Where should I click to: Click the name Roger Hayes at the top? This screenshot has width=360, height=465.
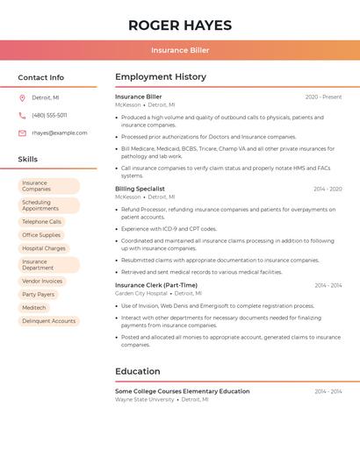(180, 25)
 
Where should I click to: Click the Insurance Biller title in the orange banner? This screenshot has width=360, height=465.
(180, 50)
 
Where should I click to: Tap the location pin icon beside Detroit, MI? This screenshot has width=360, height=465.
(22, 98)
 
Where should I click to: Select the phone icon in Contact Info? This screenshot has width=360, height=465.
(22, 116)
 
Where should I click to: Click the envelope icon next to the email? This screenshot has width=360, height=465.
(22, 133)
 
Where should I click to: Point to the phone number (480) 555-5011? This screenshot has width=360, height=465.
(49, 116)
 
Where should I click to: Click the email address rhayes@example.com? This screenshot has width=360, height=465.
(60, 133)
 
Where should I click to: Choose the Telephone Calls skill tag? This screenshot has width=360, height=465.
(41, 222)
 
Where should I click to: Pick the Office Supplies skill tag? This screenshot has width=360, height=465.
(41, 235)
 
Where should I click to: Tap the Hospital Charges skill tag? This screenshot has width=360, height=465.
(44, 248)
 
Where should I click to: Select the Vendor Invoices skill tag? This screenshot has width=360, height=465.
(42, 282)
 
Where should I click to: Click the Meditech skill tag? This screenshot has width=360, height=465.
(34, 308)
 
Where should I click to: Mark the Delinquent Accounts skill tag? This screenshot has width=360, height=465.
(48, 321)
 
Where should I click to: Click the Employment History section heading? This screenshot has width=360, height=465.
(161, 77)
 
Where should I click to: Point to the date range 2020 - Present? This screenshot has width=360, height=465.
(323, 97)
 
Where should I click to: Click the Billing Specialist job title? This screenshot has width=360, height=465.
(140, 189)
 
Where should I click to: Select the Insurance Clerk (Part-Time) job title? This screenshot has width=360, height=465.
(156, 285)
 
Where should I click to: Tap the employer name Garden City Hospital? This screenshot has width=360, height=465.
(141, 294)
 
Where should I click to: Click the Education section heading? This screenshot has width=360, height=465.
(138, 371)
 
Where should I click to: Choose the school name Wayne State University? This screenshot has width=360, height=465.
(145, 399)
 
